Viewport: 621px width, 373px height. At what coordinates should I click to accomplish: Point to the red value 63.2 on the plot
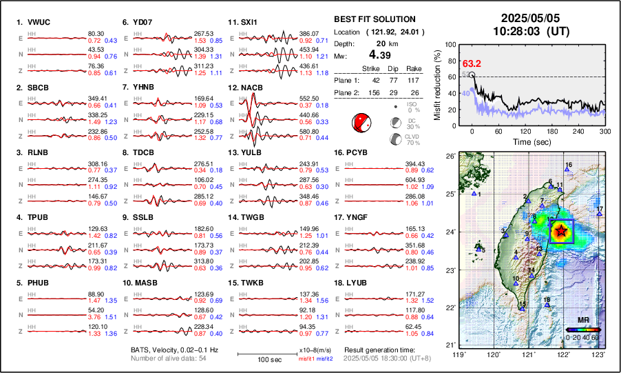(472, 64)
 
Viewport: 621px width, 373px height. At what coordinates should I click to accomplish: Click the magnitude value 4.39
(382, 54)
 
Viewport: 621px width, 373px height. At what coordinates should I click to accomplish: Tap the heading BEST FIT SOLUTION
(374, 19)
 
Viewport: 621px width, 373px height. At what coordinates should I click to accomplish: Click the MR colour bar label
(582, 321)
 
